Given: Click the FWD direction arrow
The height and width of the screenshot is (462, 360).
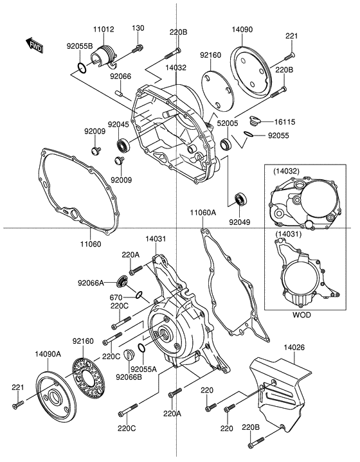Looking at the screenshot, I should coord(34,44).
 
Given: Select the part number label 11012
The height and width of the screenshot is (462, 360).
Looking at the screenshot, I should coord(104,29).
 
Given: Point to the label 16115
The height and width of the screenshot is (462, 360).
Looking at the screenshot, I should coord(287,120).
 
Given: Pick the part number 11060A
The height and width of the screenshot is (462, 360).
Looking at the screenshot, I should coord(203,212).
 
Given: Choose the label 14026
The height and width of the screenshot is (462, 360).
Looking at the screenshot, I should coord(296,348).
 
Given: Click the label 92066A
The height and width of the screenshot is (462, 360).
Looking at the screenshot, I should coord(91,282).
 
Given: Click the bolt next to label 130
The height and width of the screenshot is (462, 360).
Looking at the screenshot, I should coord(137,49).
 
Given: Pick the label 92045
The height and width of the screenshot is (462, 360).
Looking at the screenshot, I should coord(118,125).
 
